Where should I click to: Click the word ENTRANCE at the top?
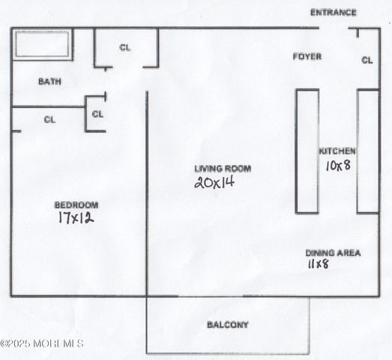[x=333, y=13]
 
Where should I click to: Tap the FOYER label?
[x=307, y=56]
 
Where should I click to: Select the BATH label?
[x=49, y=82]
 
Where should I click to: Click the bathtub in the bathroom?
[x=43, y=45]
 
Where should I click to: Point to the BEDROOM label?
[x=75, y=205]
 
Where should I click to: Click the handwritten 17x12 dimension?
[x=75, y=218]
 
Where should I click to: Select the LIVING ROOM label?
[x=223, y=169]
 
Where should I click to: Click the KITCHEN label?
[x=337, y=151]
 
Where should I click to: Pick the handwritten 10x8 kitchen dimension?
[x=337, y=166]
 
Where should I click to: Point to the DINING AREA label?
[x=333, y=253]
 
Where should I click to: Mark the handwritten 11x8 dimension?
[x=317, y=265]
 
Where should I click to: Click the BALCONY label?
[x=227, y=325]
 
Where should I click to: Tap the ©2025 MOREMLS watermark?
[x=42, y=343]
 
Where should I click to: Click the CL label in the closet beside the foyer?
[x=367, y=60]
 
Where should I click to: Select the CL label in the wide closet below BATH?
[x=49, y=119]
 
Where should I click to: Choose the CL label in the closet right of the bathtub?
[x=124, y=47]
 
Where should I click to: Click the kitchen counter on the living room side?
[x=307, y=151]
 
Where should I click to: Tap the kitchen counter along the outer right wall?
[x=367, y=151]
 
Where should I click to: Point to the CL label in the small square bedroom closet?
[x=97, y=114]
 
